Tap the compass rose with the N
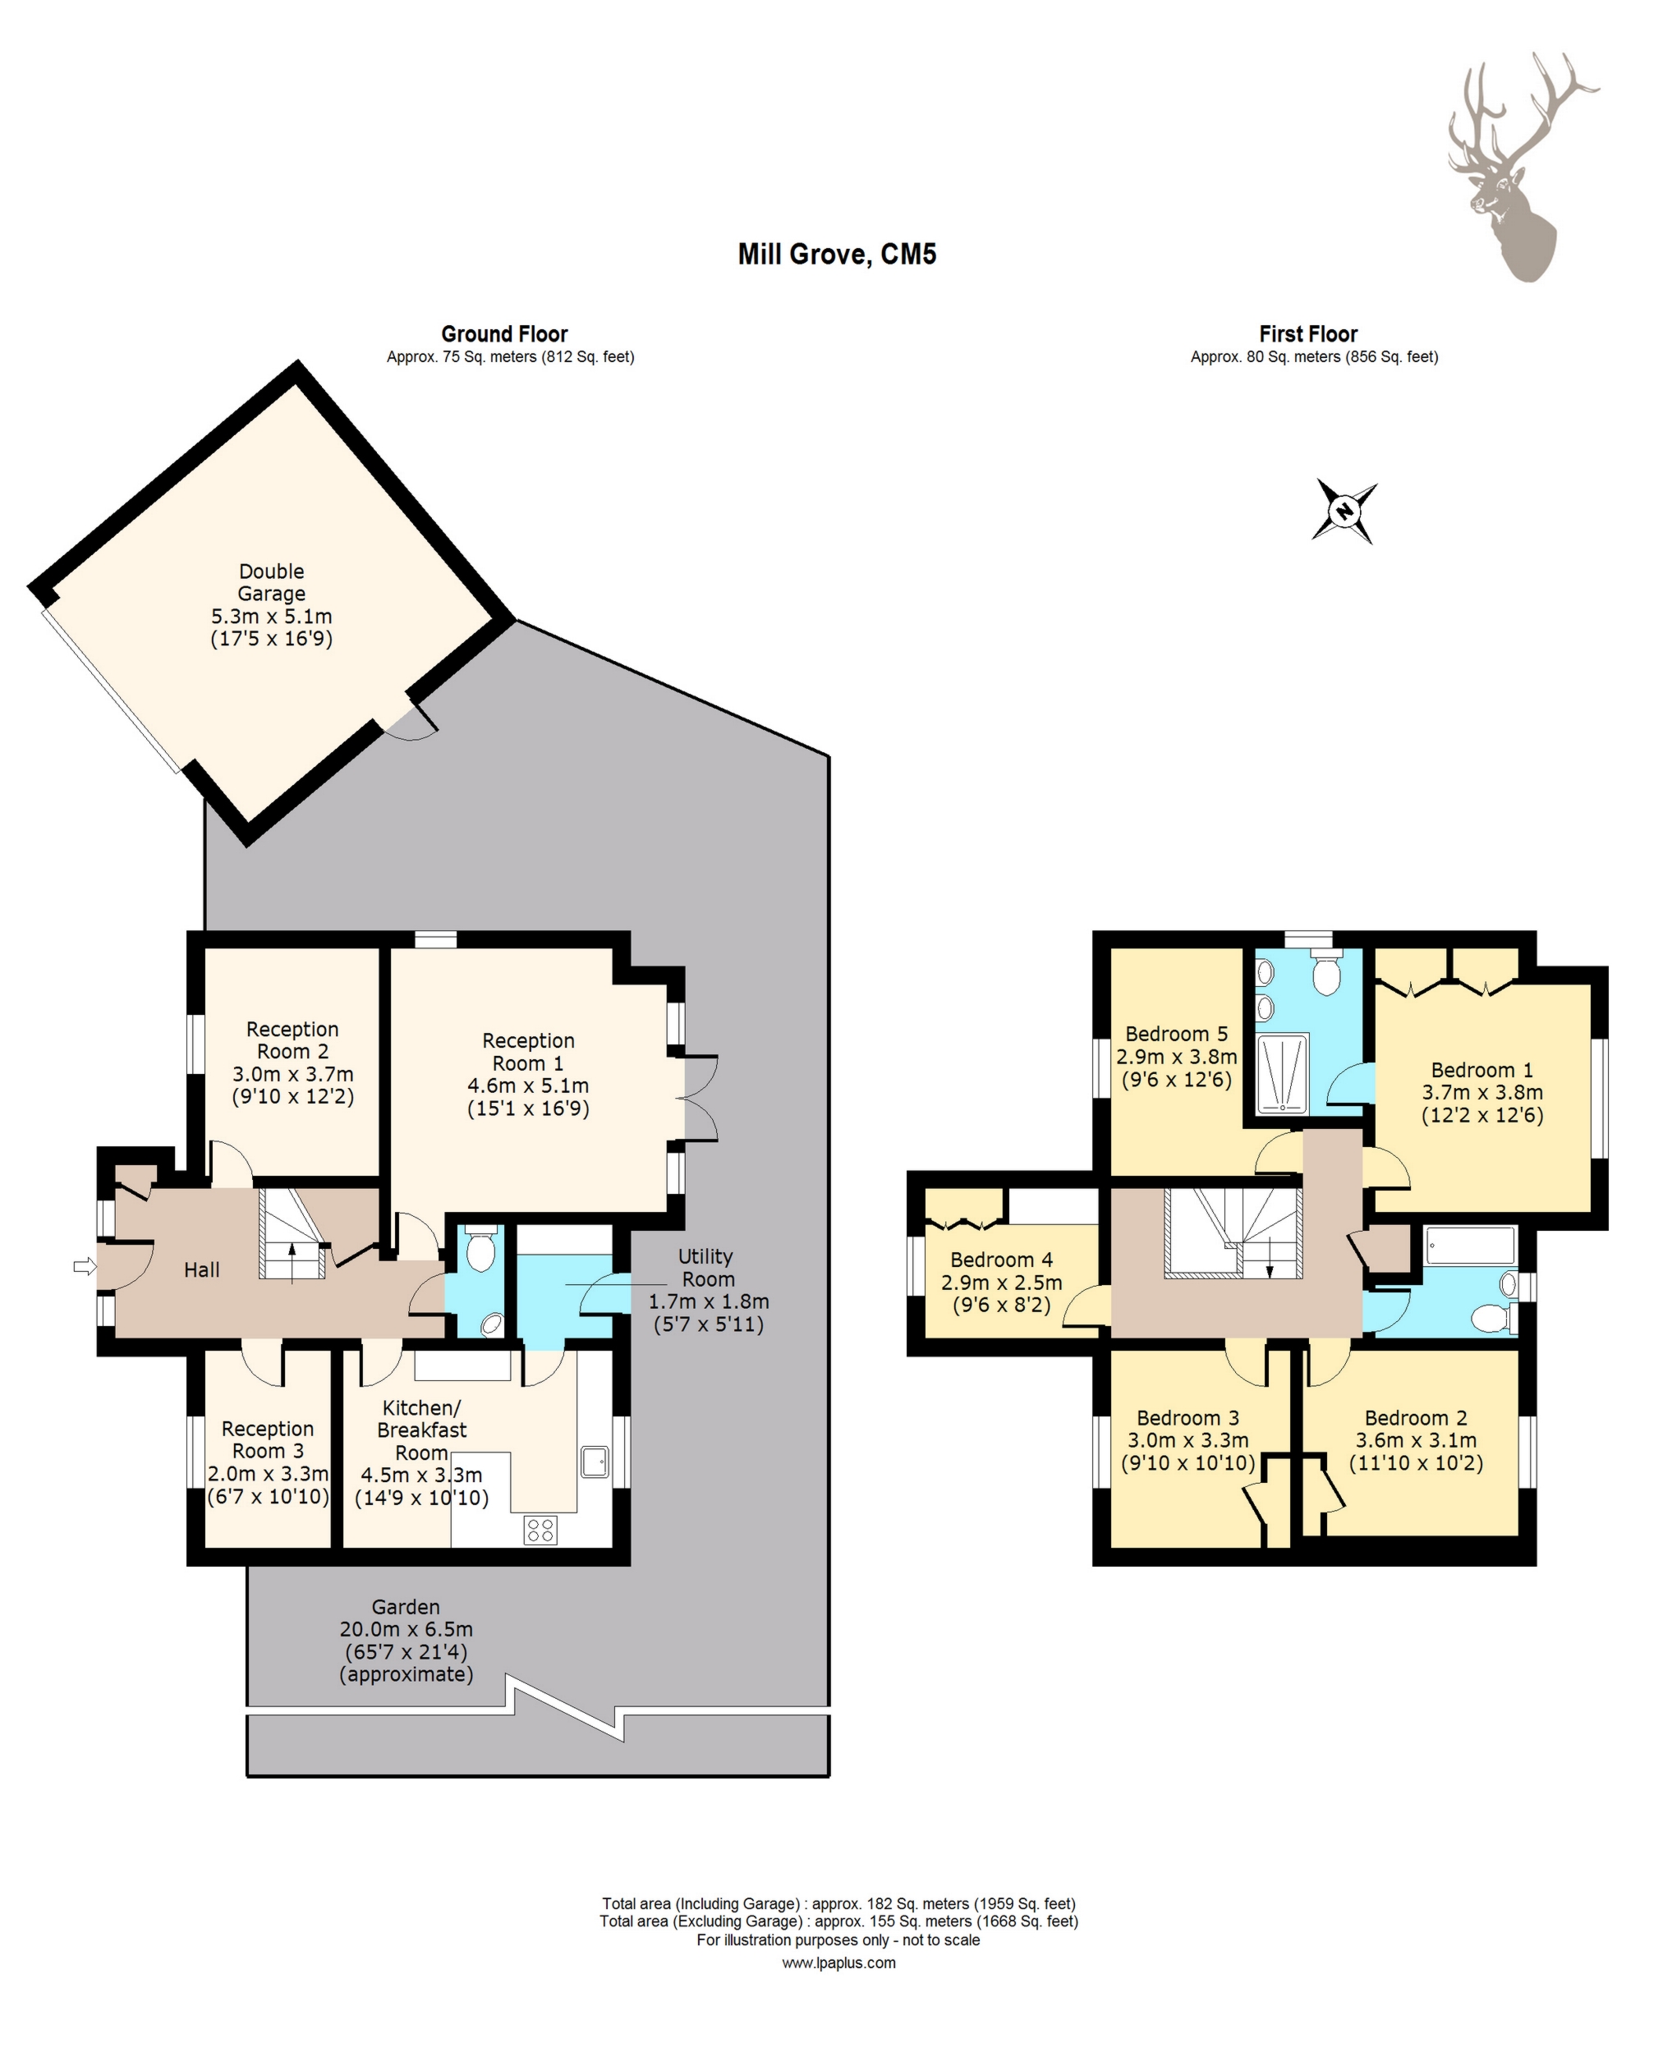[1345, 512]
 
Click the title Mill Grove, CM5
[836, 255]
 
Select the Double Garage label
[272, 583]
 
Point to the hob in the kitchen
[540, 1530]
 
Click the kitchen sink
[595, 1462]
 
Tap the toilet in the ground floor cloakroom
[480, 1251]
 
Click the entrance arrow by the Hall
[85, 1267]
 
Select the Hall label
[202, 1270]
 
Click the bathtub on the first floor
[1470, 1246]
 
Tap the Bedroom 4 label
[1001, 1260]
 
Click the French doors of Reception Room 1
[699, 1099]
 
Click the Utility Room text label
[707, 1267]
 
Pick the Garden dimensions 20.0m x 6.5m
[407, 1629]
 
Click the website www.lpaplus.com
[838, 1962]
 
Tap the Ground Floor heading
[504, 334]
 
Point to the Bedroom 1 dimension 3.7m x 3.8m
[1482, 1093]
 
